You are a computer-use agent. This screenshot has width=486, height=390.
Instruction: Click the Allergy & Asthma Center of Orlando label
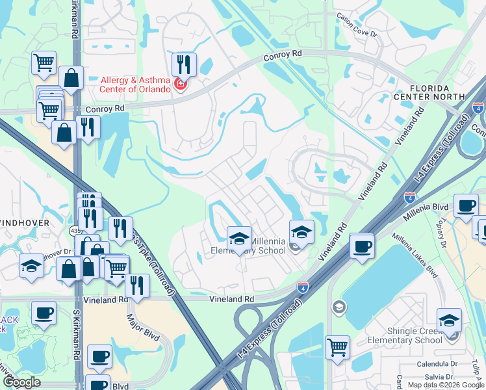[135, 84]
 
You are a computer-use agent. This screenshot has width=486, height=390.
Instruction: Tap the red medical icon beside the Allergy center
[181, 84]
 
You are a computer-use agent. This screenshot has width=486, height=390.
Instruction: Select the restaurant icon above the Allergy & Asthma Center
[184, 64]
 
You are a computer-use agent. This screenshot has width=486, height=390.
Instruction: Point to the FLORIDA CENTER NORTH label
[429, 92]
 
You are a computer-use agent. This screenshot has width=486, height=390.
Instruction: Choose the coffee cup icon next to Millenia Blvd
[465, 205]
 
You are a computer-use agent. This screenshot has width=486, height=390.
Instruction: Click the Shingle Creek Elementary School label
[405, 335]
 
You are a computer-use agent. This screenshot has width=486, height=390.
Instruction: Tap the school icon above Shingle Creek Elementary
[449, 320]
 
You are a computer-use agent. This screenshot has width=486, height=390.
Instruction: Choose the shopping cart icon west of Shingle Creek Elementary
[337, 347]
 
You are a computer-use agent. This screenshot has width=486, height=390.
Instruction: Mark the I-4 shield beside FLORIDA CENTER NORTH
[478, 109]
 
